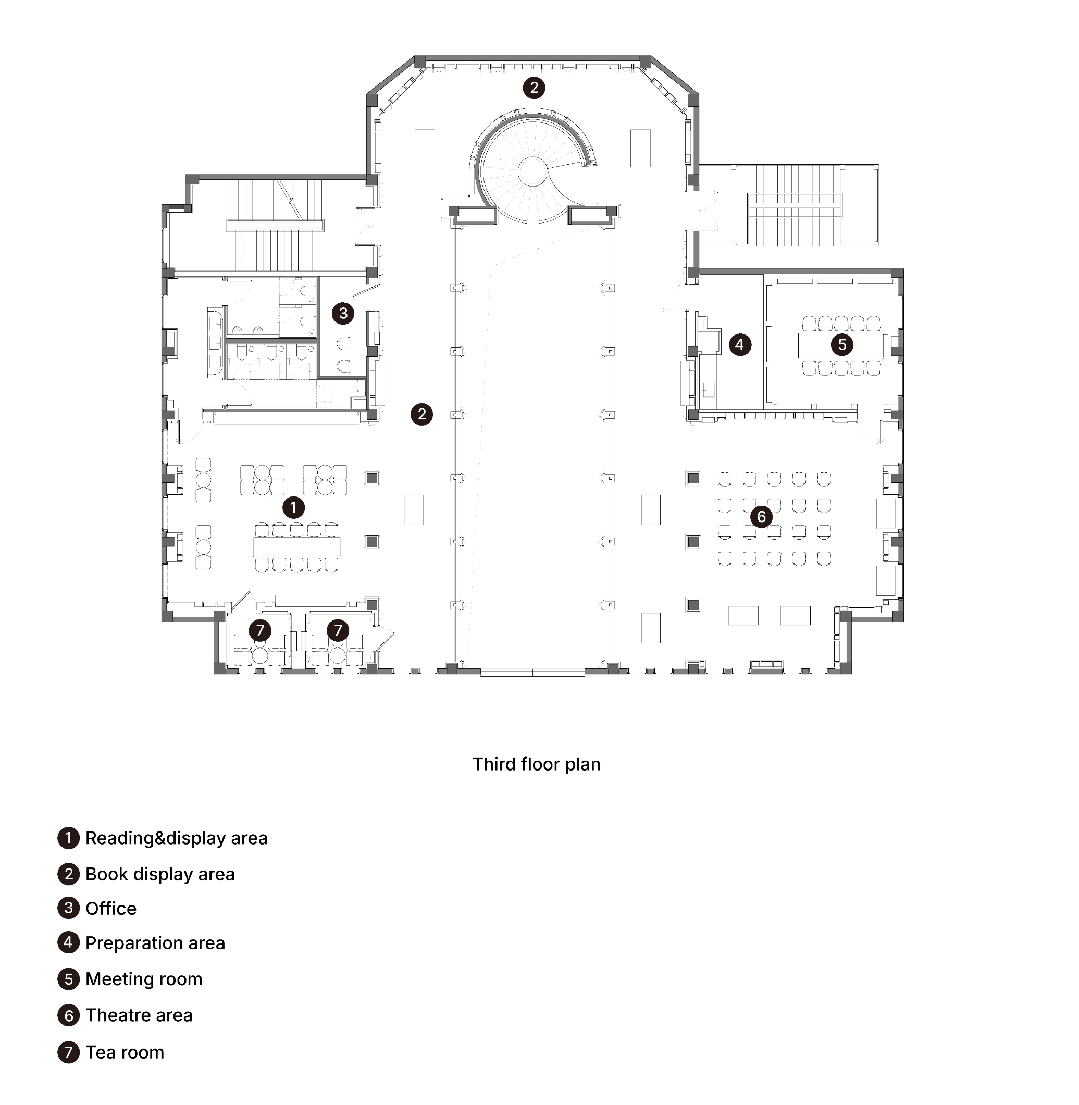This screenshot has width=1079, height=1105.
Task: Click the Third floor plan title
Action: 536,764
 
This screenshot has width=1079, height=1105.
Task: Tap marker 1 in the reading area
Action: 293,507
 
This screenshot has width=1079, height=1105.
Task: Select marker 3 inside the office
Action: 343,313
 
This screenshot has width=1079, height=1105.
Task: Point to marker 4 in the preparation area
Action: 739,344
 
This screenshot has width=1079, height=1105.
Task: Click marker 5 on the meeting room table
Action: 842,344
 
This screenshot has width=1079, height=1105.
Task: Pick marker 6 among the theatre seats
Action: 761,517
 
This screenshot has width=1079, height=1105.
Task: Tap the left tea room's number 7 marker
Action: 260,630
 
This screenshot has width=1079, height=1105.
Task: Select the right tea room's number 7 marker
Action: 338,630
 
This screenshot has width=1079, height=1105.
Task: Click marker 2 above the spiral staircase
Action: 534,88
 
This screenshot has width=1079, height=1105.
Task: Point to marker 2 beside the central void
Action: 421,414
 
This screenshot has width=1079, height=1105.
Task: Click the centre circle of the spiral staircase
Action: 532,171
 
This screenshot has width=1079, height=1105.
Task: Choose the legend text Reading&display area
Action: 176,838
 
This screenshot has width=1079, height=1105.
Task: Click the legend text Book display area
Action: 160,874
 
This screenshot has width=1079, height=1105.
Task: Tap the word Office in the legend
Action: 111,909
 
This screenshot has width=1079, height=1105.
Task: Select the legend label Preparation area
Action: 155,943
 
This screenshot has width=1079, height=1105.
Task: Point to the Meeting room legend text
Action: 144,979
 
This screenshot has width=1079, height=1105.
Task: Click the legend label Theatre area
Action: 139,1015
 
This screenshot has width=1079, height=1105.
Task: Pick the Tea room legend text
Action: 125,1052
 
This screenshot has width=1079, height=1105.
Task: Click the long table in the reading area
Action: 296,547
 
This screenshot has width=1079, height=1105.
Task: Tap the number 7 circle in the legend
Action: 69,1052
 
